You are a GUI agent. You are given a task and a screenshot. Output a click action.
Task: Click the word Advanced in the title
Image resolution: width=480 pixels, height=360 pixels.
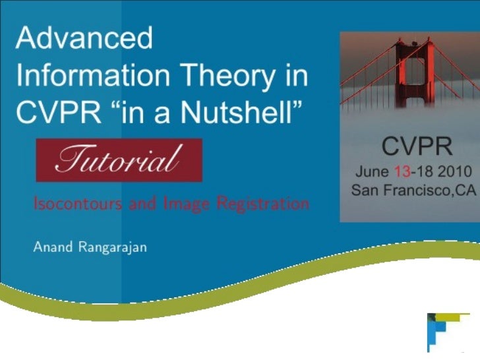click(84, 38)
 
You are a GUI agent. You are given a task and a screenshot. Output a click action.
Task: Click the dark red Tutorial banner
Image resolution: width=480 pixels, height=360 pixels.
click(119, 160)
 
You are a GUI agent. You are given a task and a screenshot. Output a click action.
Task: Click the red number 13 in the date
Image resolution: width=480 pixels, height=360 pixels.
click(402, 172)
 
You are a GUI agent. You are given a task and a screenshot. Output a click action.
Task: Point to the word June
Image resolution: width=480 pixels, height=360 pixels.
click(372, 172)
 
